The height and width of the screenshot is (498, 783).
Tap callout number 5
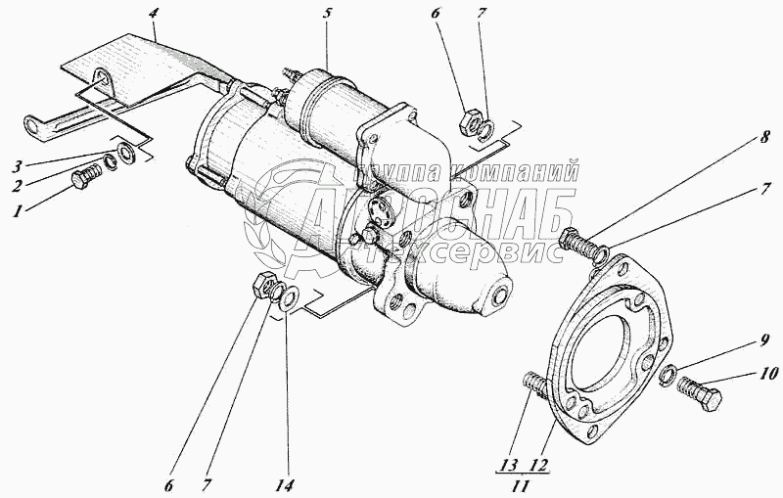pos(329,16)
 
